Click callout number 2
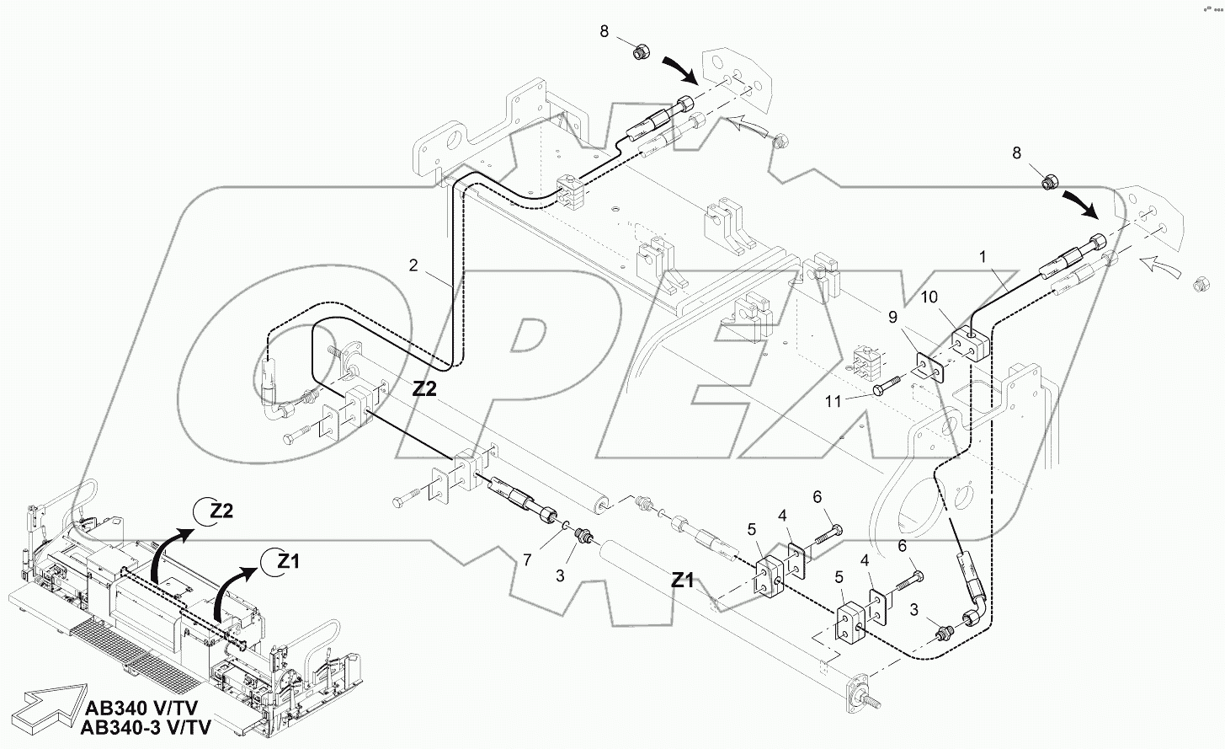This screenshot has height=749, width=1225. coord(413,265)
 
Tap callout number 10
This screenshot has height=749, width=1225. coord(928,297)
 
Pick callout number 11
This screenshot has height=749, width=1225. coord(833,402)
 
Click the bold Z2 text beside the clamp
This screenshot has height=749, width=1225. coord(424,388)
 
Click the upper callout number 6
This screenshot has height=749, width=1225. coord(817,498)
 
